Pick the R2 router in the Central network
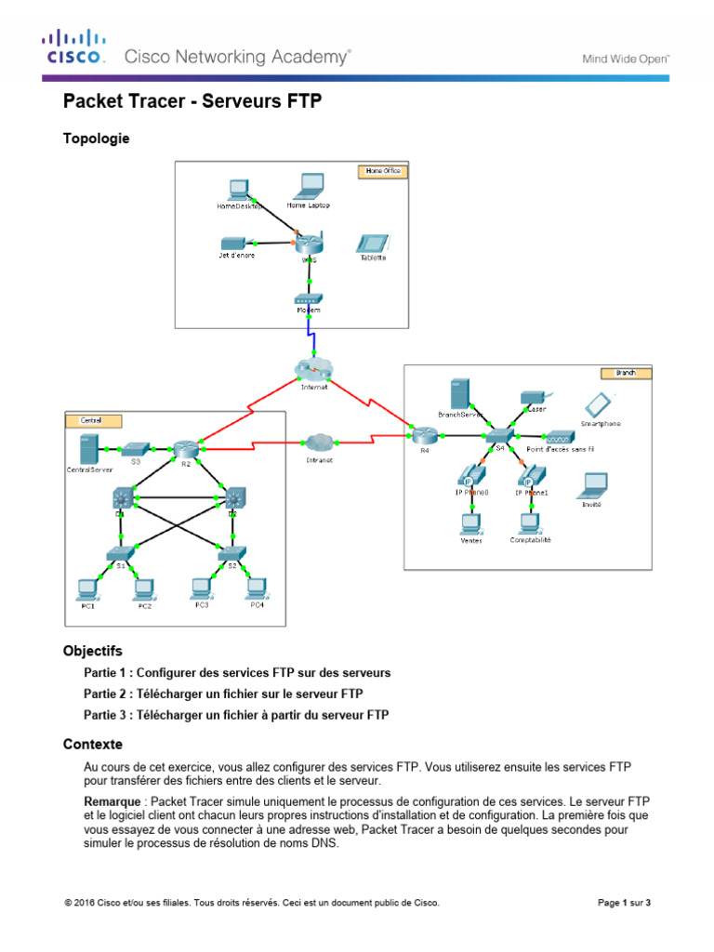[183, 449]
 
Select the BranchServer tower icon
[456, 392]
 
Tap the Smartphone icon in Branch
[598, 404]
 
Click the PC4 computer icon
[256, 588]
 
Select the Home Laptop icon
[308, 187]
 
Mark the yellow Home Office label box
[381, 171]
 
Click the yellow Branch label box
[631, 373]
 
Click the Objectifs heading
[92, 651]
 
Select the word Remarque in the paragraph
[113, 800]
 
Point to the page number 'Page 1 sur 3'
[623, 902]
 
